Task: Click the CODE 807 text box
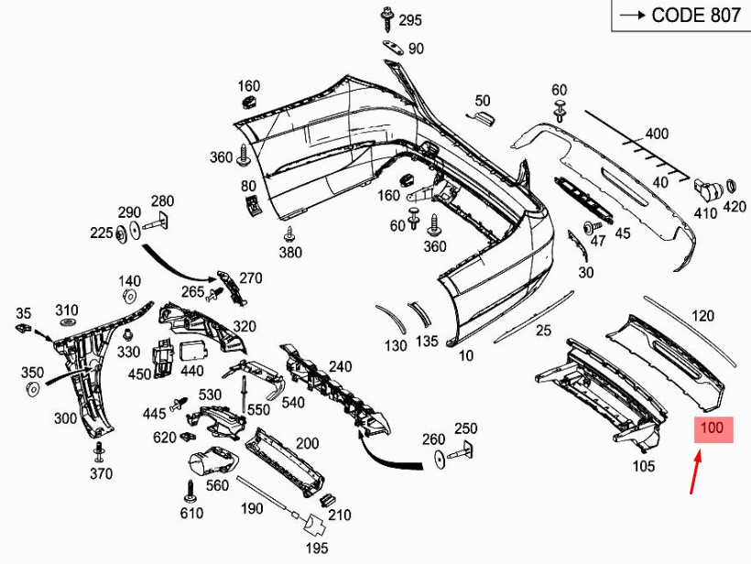680,16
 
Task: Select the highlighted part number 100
712,428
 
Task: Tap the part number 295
410,20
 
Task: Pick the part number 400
657,134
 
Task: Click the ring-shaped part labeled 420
734,189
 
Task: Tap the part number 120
702,317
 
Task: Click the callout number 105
644,466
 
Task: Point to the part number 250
466,428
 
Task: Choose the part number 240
340,367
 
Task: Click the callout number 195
317,548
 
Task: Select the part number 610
191,513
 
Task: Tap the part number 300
65,418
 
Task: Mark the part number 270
250,278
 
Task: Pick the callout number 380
290,253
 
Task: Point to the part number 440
192,371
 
